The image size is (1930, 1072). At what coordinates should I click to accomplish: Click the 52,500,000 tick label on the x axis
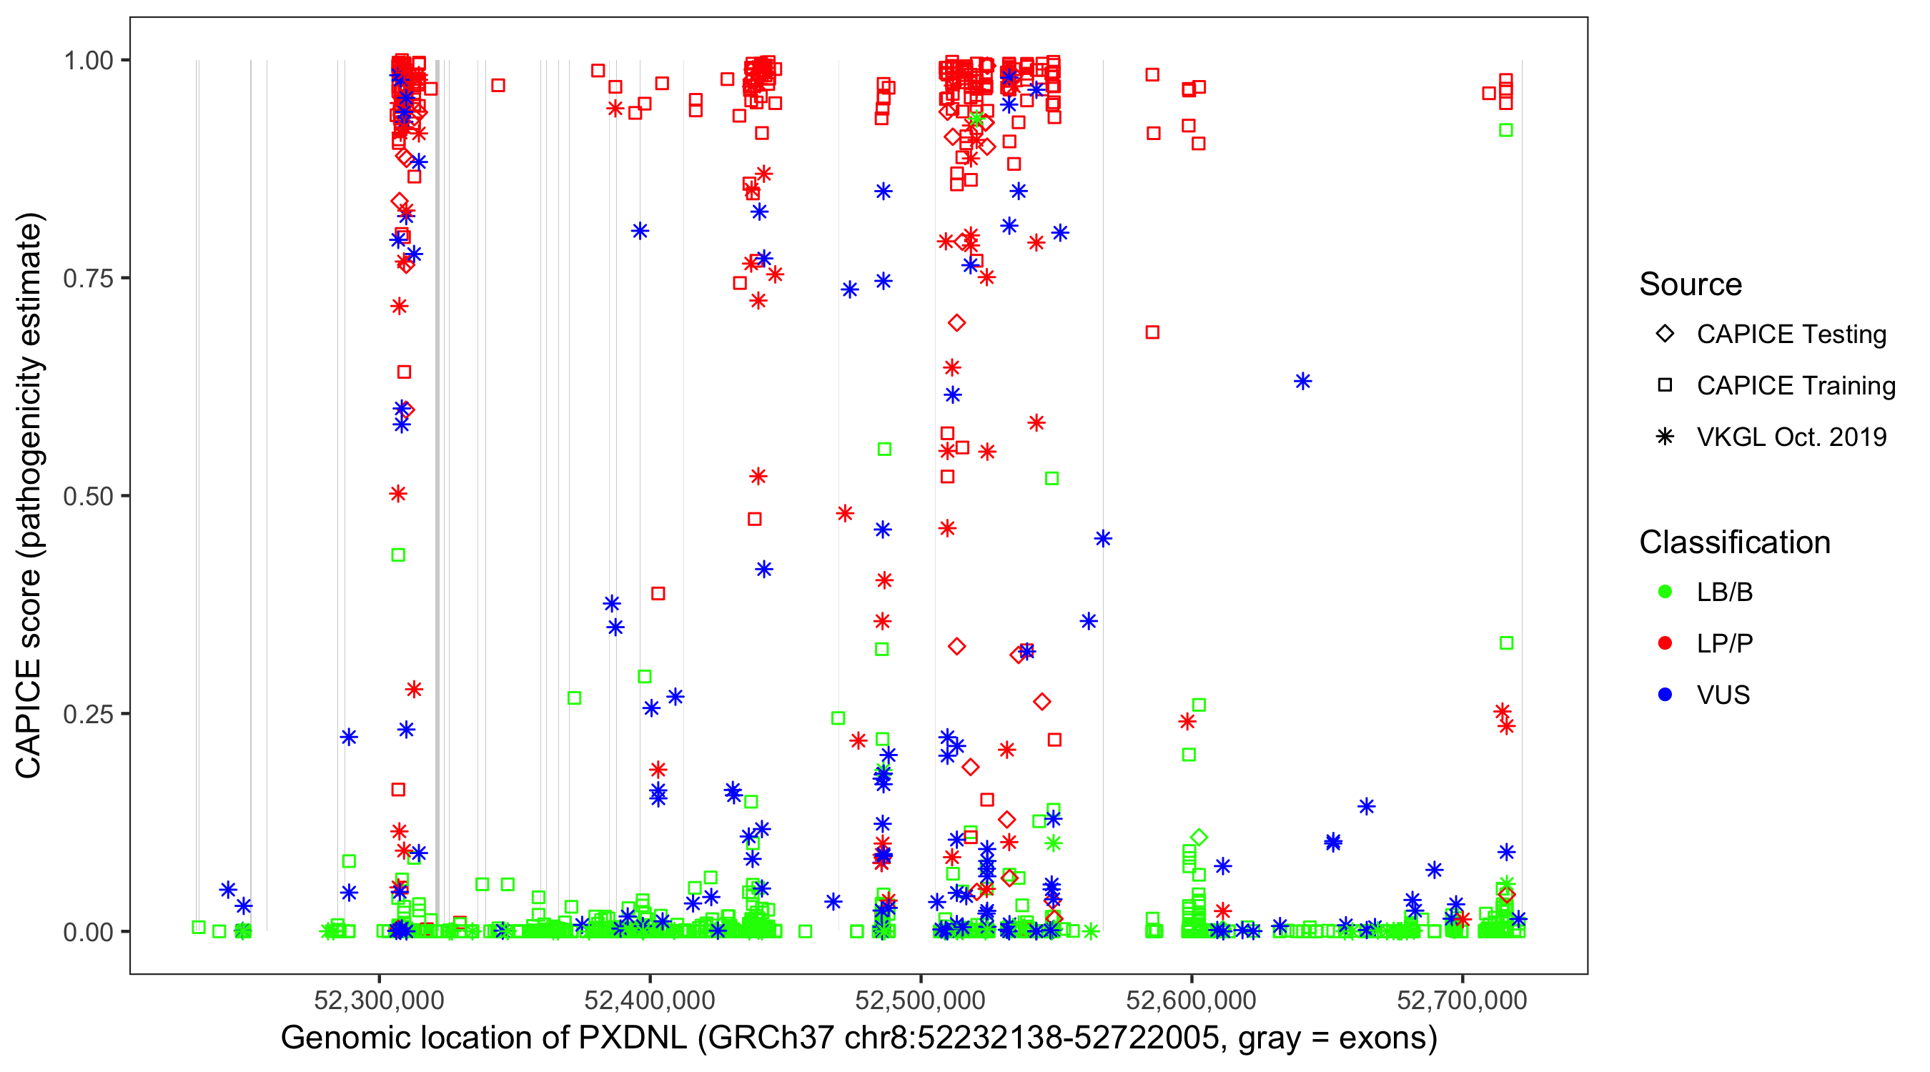920,1001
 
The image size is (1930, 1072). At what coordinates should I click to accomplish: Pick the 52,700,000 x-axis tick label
1462,1001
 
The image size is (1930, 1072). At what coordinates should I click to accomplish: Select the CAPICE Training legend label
1796,386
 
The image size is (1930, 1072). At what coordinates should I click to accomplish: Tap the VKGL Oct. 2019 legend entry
1791,437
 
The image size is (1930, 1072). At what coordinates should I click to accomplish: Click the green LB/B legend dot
1665,592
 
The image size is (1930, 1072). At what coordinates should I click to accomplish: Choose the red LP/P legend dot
1665,643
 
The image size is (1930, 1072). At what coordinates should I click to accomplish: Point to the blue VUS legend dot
1665,695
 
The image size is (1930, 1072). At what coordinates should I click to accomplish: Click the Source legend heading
1691,284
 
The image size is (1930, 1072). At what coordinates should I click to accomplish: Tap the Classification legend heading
1734,542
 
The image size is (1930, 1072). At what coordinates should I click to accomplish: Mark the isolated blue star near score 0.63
1303,382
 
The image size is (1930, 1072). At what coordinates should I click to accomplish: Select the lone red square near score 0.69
1152,332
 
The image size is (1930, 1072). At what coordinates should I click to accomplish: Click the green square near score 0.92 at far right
1506,130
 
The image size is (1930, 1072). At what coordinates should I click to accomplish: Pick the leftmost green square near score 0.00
199,928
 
